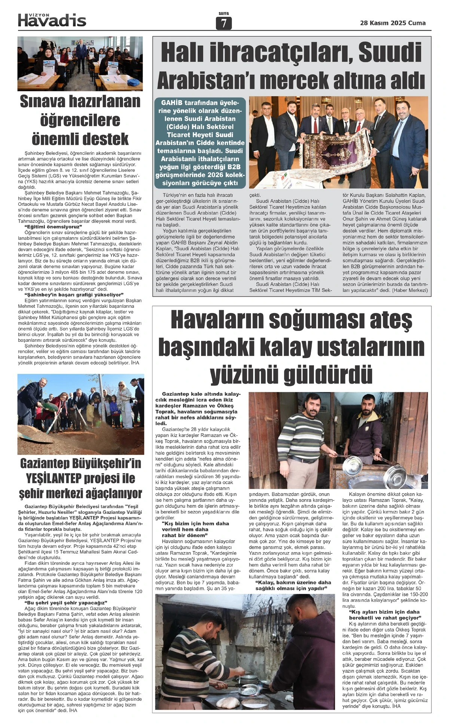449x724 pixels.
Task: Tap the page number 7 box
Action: [x=224, y=24]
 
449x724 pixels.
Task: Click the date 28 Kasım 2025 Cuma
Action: [x=393, y=23]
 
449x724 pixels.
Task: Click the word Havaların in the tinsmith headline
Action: [x=216, y=320]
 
